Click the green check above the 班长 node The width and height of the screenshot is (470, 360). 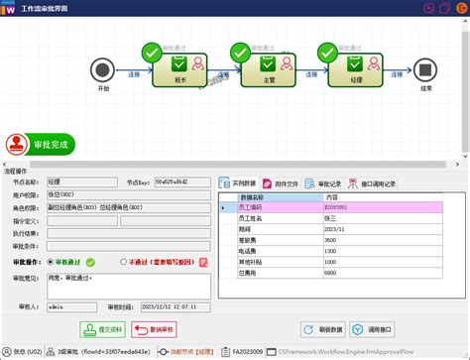tap(151, 51)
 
